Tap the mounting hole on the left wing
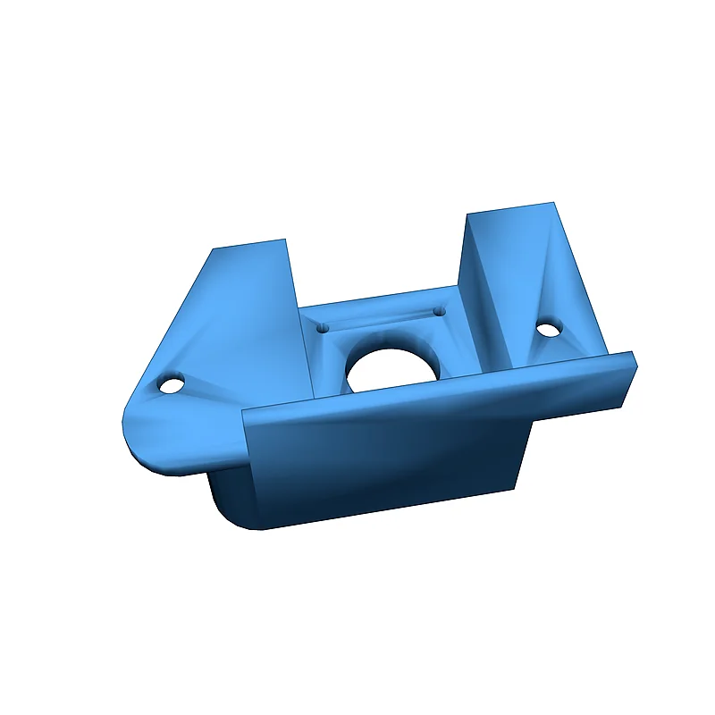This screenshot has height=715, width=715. (168, 386)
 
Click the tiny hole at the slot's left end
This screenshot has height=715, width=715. (323, 328)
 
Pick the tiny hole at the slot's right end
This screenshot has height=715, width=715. (439, 311)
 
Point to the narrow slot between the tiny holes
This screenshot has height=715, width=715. (381, 319)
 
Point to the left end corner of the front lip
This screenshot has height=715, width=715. (245, 416)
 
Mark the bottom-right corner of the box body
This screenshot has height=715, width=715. (516, 487)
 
